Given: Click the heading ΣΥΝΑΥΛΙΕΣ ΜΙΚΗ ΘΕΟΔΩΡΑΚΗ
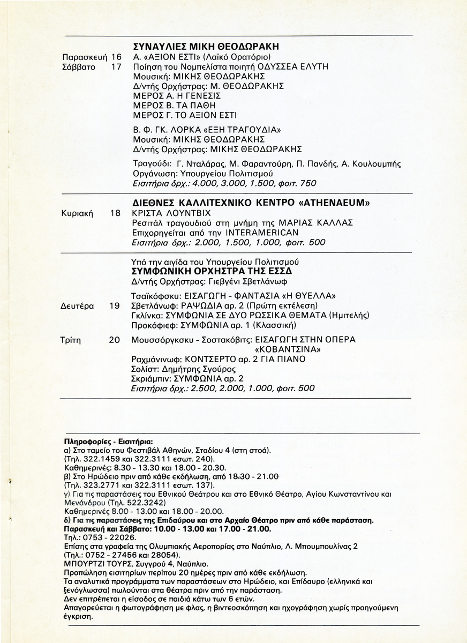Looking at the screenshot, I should [x=206, y=47].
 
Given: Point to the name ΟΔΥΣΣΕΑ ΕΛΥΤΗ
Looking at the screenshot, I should [x=298, y=66].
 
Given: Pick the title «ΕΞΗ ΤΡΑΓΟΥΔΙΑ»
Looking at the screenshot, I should [x=241, y=129].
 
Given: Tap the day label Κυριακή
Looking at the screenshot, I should [x=78, y=213].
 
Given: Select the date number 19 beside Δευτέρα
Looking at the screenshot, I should [x=114, y=306].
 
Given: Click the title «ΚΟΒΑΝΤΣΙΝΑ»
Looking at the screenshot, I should [x=290, y=349].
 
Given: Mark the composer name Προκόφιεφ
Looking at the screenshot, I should [x=151, y=325].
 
